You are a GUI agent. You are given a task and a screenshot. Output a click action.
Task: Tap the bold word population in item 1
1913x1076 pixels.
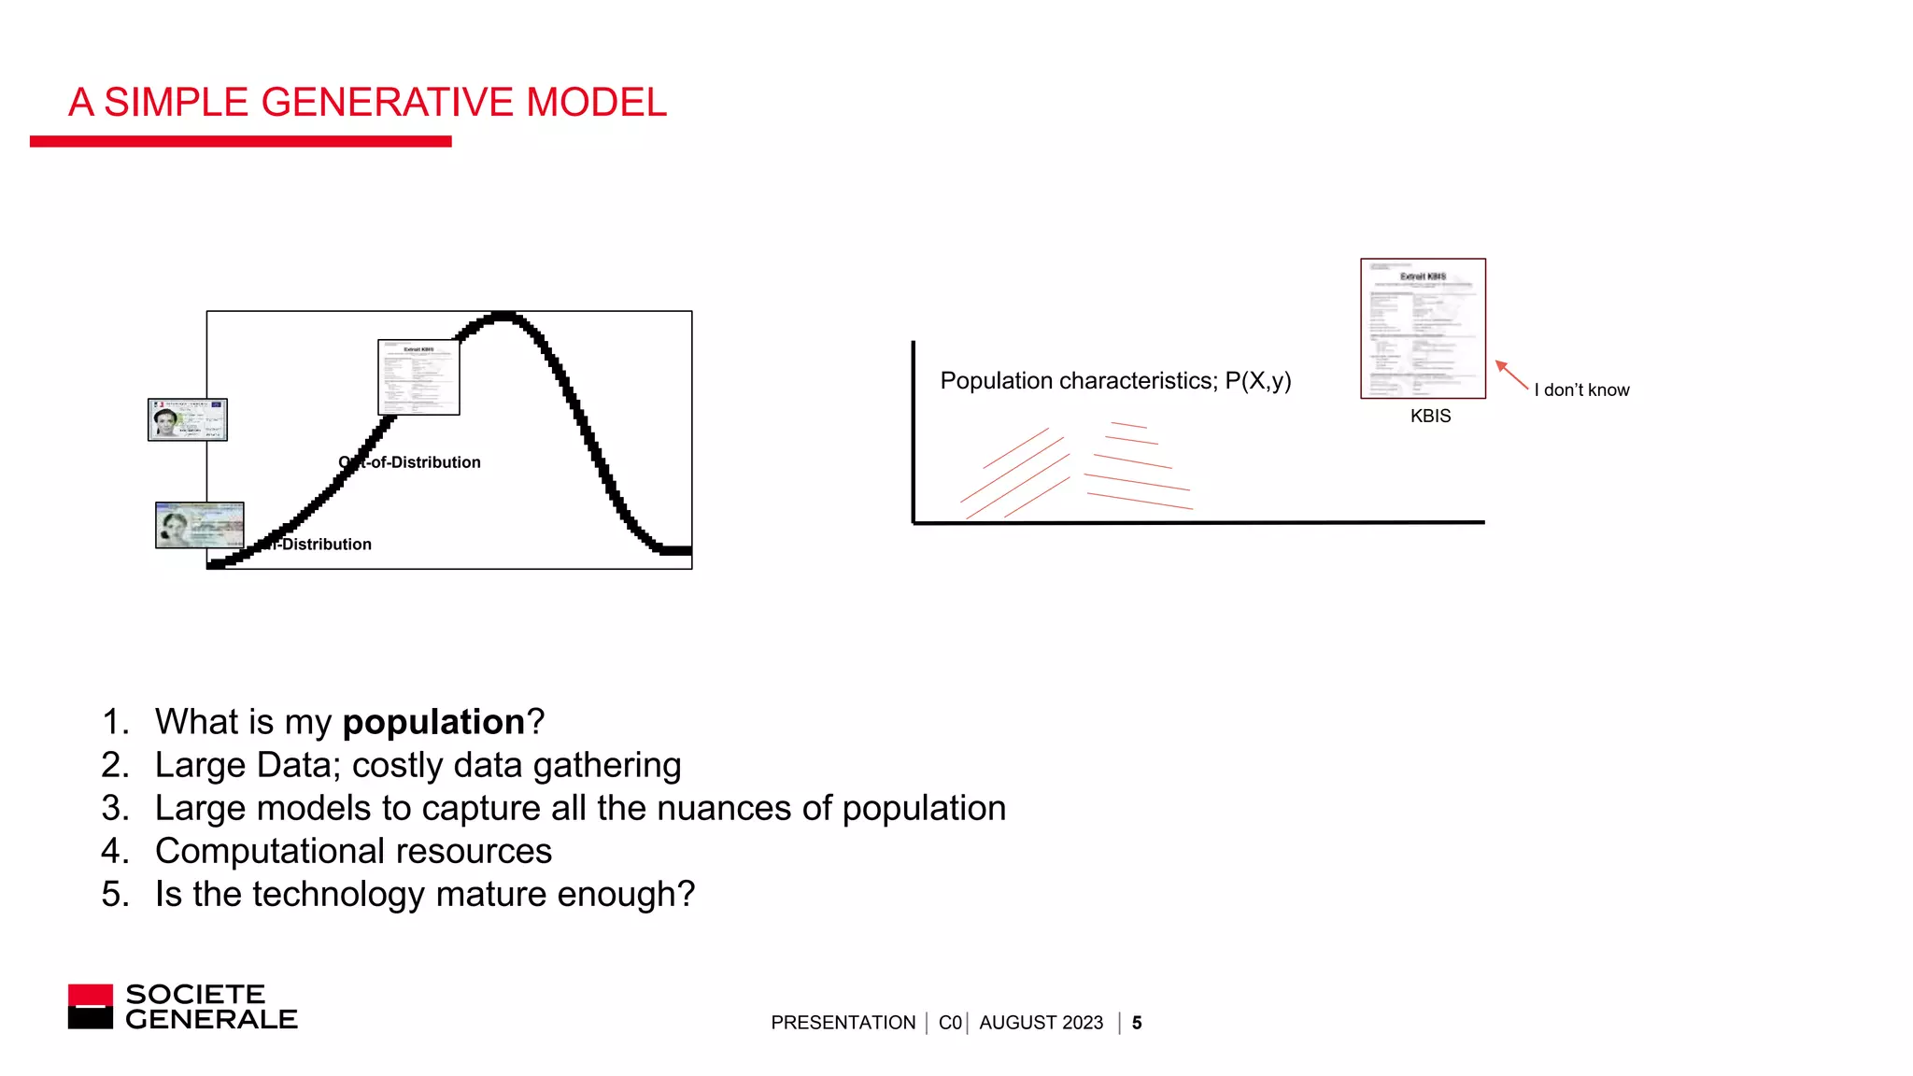433,722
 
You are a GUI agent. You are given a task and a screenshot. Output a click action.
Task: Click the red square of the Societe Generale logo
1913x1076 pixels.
91,996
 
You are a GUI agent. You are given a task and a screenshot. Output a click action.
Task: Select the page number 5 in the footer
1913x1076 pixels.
1137,1023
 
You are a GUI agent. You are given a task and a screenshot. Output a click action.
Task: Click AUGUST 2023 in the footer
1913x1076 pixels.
1041,1023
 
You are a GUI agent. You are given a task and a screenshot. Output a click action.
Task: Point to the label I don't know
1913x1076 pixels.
1581,390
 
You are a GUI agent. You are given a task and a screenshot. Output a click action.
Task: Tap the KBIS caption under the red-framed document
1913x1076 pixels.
1430,417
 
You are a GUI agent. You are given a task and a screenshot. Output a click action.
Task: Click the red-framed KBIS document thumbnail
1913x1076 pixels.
1423,328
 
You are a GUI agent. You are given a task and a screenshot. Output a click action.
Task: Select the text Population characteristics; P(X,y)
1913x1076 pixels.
1115,381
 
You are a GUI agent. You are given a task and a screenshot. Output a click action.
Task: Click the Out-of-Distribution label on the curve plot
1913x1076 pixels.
411,462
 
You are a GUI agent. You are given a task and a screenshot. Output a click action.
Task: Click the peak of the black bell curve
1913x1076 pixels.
503,317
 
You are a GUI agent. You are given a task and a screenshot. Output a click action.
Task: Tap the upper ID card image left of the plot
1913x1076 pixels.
187,419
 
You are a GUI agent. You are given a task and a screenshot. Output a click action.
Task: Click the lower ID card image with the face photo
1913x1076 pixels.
199,525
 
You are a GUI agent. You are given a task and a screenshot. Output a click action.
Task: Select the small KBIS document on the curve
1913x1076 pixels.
418,376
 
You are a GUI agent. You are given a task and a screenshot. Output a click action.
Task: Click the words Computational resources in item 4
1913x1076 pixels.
353,851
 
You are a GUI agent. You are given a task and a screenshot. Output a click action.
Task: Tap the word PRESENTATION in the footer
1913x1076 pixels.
843,1023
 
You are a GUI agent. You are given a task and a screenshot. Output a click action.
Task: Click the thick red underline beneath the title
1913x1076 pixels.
240,141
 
